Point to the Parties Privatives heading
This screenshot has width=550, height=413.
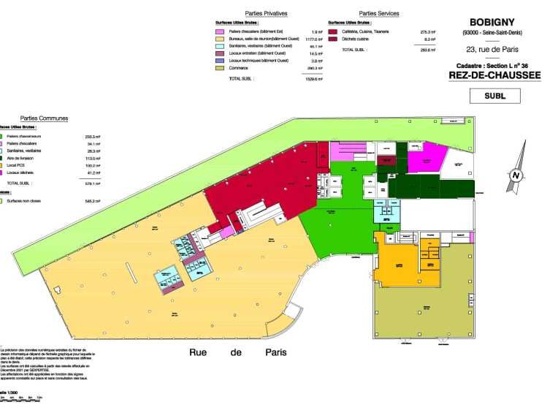[266, 13]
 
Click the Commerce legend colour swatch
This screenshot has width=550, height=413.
[219, 68]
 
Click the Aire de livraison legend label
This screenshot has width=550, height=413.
[23, 158]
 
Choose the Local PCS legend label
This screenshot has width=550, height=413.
[18, 165]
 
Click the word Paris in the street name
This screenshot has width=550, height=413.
[275, 352]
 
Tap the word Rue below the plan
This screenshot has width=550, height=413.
[201, 352]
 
